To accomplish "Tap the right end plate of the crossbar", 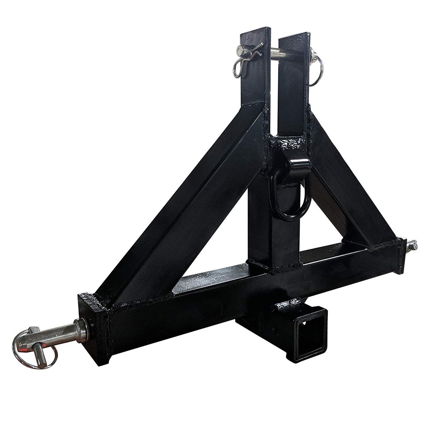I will coord(401,256).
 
